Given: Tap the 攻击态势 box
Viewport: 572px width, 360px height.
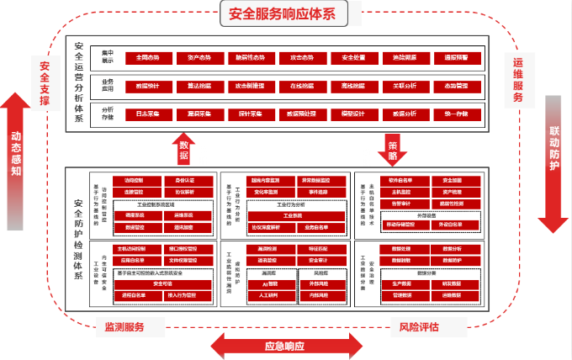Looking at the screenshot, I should (301, 58).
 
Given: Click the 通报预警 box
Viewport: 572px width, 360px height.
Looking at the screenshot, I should (456, 58).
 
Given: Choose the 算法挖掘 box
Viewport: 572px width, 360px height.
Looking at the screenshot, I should (200, 86).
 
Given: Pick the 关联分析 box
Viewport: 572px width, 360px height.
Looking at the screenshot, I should (405, 86).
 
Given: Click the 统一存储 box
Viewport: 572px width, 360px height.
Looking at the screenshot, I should (456, 114).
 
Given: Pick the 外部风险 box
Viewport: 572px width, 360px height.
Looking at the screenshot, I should (320, 283).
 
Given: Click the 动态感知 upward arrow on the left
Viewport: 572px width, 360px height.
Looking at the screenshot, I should (16, 151).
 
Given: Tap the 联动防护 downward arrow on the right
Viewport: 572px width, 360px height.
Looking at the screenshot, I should (554, 160).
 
